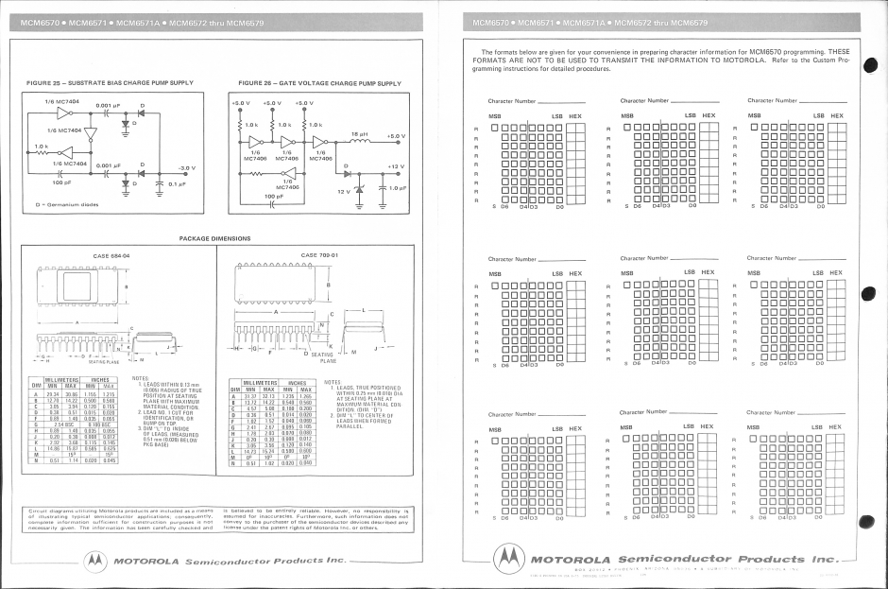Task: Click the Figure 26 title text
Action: (320, 83)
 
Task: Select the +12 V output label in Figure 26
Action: (395, 167)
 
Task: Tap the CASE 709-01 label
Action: (318, 254)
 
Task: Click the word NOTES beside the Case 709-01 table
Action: (333, 383)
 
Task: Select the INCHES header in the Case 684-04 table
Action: (98, 380)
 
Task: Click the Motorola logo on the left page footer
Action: (96, 561)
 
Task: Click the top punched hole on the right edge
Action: (870, 64)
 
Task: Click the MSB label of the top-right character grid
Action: (754, 116)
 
